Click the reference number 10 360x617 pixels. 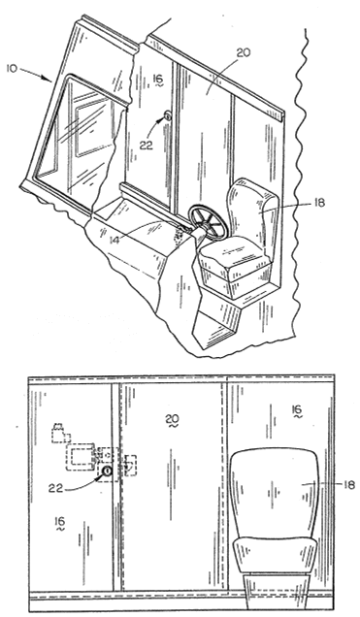(13, 69)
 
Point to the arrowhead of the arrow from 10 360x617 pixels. (49, 81)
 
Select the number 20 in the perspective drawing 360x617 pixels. (244, 52)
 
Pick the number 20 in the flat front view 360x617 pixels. (173, 418)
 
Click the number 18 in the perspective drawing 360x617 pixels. (318, 203)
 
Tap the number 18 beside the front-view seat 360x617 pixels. (349, 484)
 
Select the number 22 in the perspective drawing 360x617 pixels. (147, 145)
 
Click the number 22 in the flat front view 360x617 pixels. (56, 488)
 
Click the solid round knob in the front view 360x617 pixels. (107, 471)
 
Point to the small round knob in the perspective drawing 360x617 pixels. (168, 115)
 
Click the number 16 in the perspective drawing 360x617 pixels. (158, 80)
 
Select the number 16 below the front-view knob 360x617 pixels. (60, 522)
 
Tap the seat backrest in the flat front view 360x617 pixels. (275, 494)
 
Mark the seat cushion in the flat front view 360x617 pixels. (275, 556)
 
